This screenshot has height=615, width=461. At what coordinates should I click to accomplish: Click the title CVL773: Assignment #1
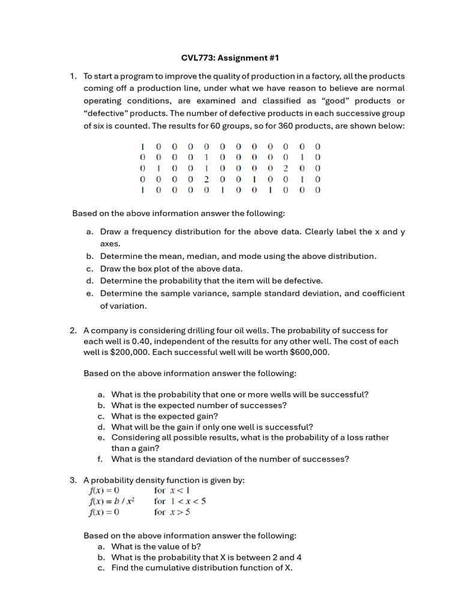tap(230, 58)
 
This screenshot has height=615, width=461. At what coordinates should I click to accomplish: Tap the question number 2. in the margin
tap(73, 330)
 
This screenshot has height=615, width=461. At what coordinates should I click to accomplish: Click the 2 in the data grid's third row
tap(286, 168)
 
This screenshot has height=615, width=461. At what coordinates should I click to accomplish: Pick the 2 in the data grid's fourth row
tap(206, 179)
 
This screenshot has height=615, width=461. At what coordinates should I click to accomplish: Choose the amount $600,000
tap(304, 352)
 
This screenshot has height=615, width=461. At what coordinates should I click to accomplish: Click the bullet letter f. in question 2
tap(101, 459)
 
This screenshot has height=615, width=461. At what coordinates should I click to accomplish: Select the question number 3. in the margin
tap(73, 480)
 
